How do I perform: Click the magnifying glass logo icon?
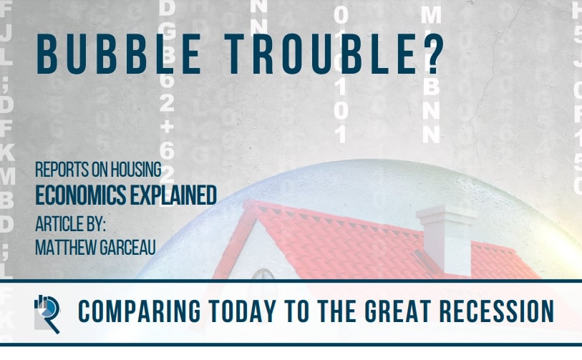pyautogui.click(x=48, y=312)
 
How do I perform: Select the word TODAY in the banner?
pyautogui.click(x=236, y=312)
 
